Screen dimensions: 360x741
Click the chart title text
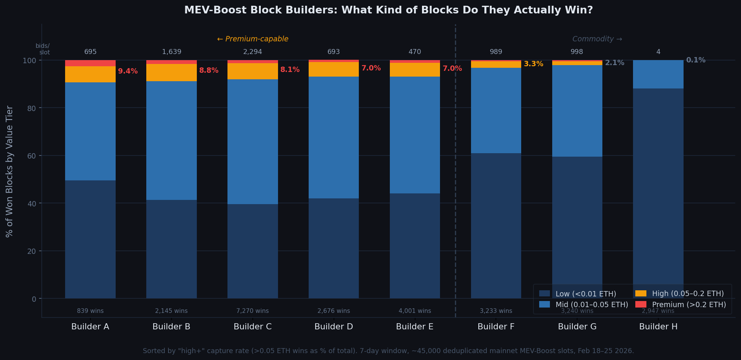pyautogui.click(x=388, y=10)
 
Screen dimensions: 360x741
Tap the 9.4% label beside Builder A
pyautogui.click(x=128, y=71)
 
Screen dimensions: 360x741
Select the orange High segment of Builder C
pyautogui.click(x=252, y=71)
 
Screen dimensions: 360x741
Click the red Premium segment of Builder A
pyautogui.click(x=90, y=63)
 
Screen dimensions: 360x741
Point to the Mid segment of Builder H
pyautogui.click(x=658, y=74)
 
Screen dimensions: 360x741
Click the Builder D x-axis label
pyautogui.click(x=334, y=327)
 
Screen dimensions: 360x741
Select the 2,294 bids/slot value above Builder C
pyautogui.click(x=252, y=52)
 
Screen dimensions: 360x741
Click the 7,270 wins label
pyautogui.click(x=252, y=311)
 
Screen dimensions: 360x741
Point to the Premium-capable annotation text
pyautogui.click(x=252, y=39)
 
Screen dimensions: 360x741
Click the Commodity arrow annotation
pyautogui.click(x=597, y=39)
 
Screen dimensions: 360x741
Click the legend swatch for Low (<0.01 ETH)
pyautogui.click(x=544, y=294)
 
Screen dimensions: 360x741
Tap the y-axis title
pyautogui.click(x=10, y=171)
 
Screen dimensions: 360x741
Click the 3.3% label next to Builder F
pyautogui.click(x=533, y=64)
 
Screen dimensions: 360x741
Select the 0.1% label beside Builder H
pyautogui.click(x=695, y=60)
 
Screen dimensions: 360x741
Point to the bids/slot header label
pyautogui.click(x=43, y=49)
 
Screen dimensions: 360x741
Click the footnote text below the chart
pyautogui.click(x=388, y=351)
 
